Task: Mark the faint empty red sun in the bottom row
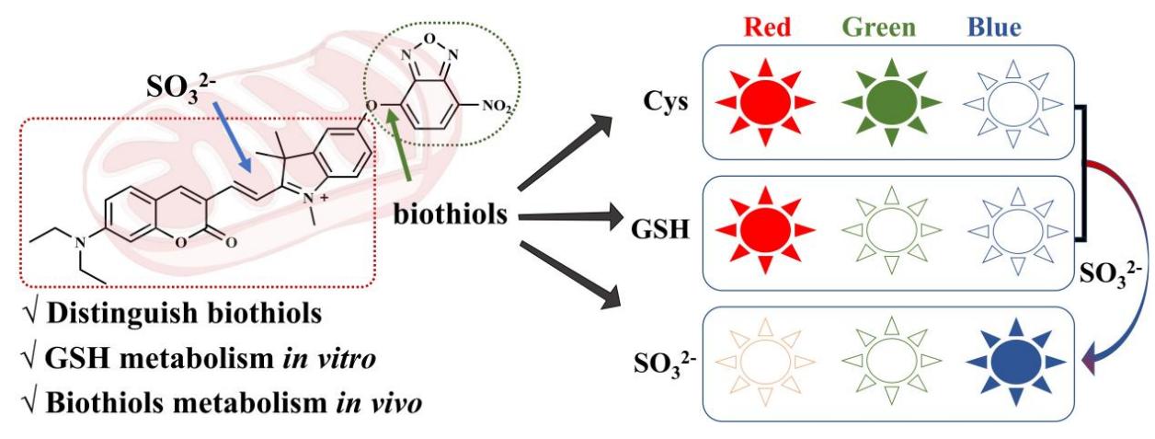click(x=765, y=360)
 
